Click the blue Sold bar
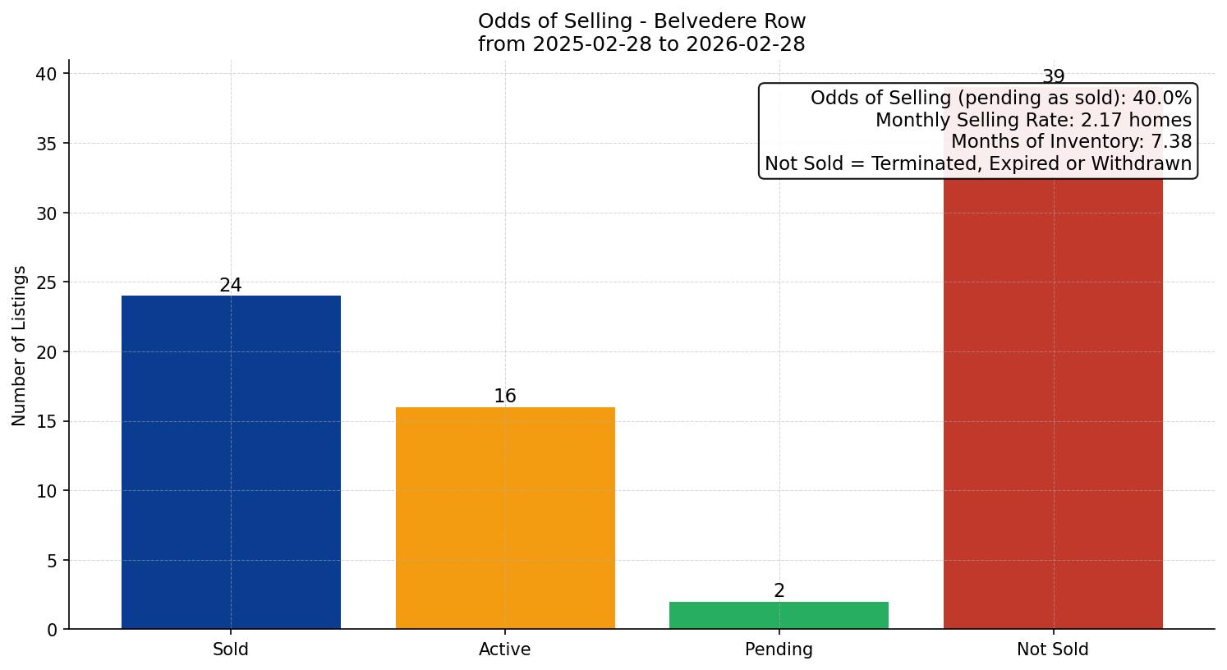coord(231,462)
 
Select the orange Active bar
coord(505,518)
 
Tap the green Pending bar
coord(779,615)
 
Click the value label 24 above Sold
coord(231,286)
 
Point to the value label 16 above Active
coord(505,397)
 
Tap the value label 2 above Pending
coord(779,591)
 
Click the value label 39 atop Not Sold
coord(1053,77)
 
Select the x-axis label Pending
coord(779,649)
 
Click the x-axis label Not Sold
coord(1053,649)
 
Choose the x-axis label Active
coord(505,649)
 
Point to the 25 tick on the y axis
coord(46,282)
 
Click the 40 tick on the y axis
coord(46,74)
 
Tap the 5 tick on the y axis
coord(52,561)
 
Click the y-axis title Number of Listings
coord(20,346)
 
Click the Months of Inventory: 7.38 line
coord(1071,142)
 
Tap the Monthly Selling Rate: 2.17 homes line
coord(1033,121)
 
